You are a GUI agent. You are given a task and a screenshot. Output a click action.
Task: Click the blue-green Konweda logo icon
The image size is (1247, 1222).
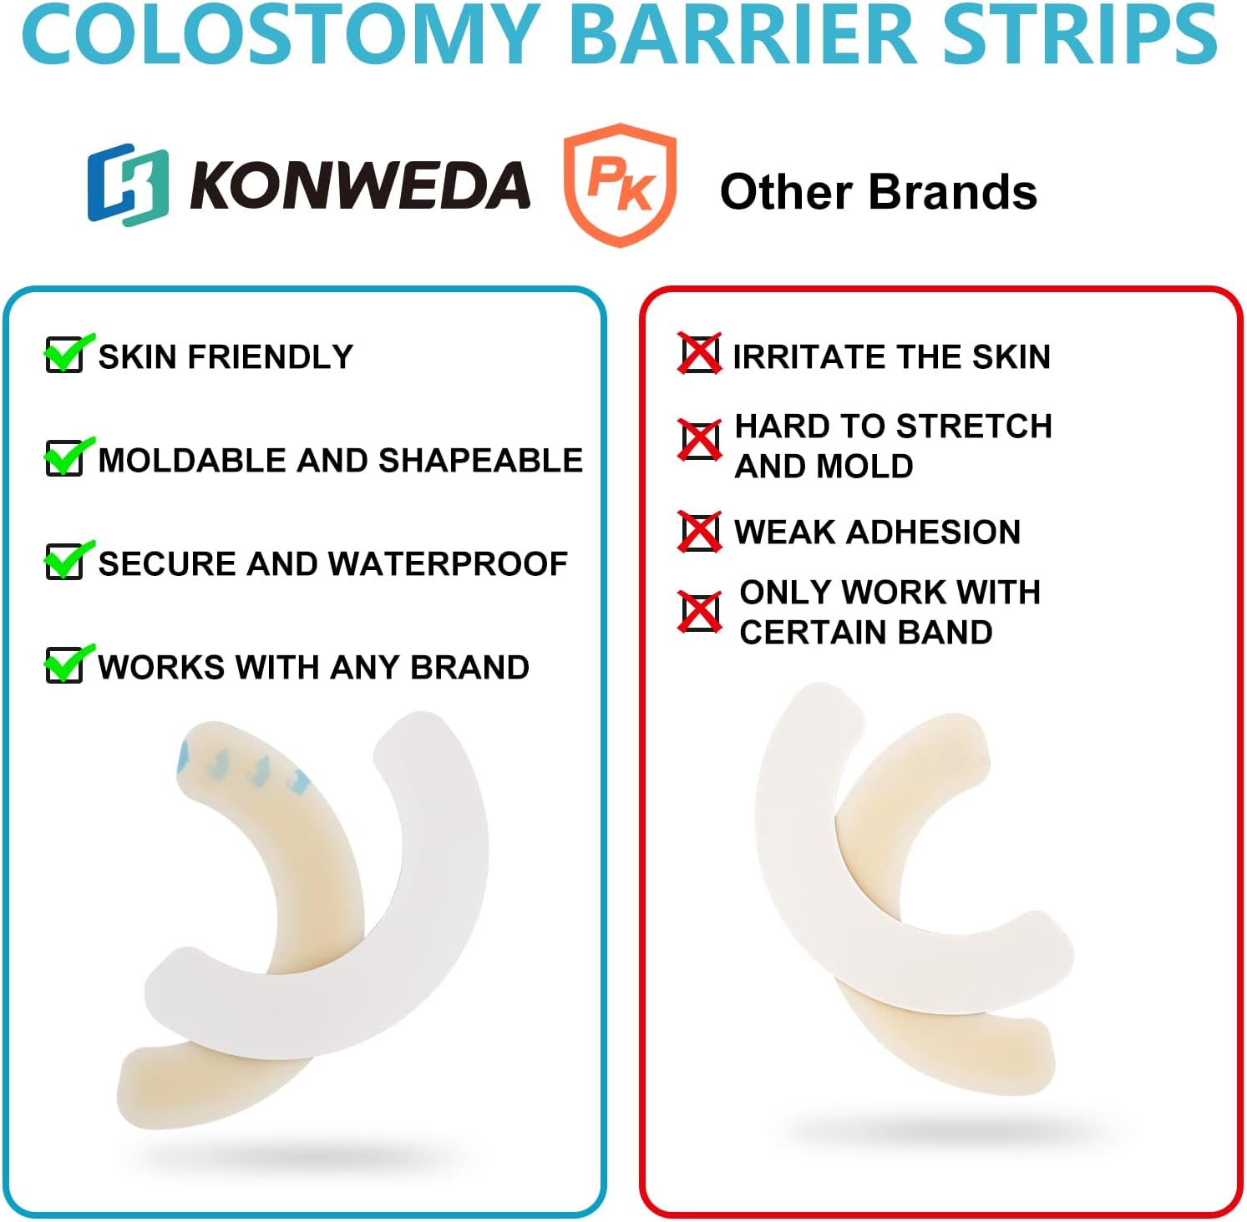coord(128,184)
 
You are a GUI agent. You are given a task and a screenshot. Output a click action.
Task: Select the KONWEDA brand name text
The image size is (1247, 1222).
coord(360,185)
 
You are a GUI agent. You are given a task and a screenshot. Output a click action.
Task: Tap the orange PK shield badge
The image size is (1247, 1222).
coord(620,184)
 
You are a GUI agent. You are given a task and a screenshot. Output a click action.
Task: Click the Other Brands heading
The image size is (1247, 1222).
coord(878,192)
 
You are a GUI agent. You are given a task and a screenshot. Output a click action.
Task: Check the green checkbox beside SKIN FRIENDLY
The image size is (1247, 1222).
coord(65,354)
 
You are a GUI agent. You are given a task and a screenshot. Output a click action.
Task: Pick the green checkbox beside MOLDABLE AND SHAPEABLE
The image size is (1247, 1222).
coord(65,457)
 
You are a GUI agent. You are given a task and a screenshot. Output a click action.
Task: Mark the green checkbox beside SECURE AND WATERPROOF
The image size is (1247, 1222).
coord(65,561)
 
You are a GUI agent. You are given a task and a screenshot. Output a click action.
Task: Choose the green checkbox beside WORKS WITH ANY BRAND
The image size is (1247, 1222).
coord(65,664)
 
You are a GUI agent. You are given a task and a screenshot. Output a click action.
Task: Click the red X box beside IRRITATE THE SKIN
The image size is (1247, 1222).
coord(699,354)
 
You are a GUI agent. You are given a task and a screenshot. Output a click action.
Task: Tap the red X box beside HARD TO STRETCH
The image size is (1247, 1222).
coord(699,441)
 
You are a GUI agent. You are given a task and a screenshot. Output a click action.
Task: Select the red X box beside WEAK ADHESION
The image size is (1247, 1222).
coord(699,532)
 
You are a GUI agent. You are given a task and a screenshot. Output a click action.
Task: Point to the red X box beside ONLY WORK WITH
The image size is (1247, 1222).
coord(699,613)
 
